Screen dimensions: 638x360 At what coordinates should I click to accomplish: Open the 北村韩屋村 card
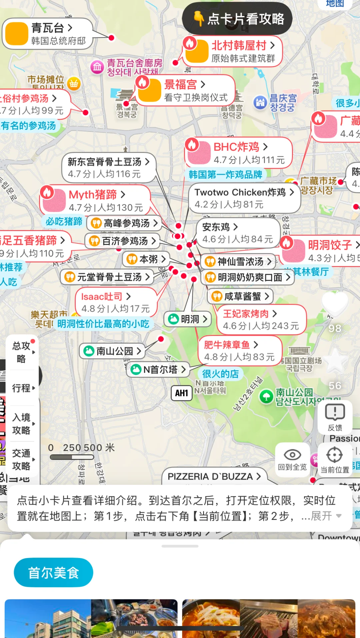point(233,51)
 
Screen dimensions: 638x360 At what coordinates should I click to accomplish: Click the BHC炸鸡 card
point(238,153)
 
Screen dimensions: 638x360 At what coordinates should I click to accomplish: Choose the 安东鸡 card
point(237,233)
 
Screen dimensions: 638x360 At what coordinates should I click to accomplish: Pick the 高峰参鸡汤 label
point(124,223)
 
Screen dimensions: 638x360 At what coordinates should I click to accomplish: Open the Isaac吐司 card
point(115,302)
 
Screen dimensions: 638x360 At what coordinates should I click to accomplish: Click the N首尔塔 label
point(158,369)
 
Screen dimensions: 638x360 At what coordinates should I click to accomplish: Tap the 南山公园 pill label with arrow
point(112,351)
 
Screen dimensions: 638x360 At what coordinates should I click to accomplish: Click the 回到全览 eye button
point(292,459)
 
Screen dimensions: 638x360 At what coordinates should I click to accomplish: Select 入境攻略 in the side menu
point(22,423)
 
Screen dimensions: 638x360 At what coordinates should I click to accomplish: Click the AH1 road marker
point(182,393)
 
